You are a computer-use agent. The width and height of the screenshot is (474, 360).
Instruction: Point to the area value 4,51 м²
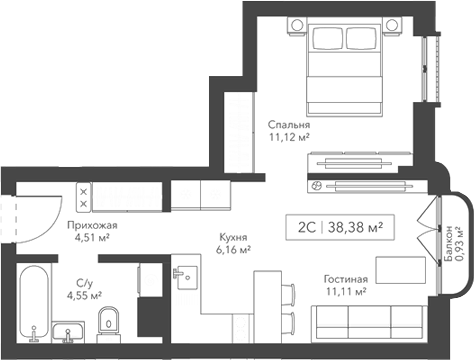(92, 238)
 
